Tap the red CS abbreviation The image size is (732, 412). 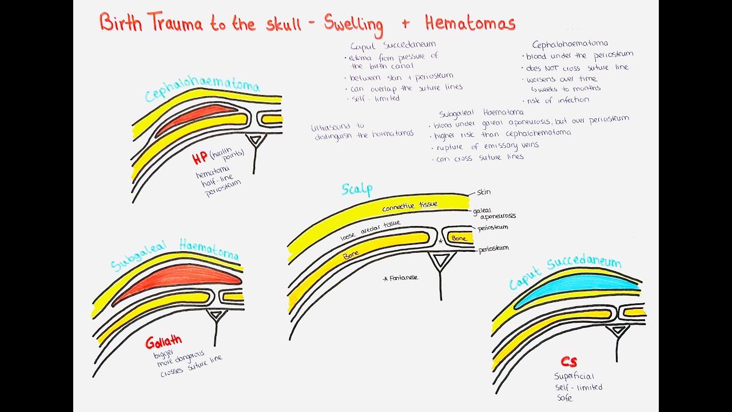tap(568, 362)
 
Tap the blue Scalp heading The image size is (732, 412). tap(357, 189)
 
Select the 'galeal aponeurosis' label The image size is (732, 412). tap(494, 213)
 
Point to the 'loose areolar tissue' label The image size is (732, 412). tap(371, 229)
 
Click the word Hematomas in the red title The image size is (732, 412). tap(470, 23)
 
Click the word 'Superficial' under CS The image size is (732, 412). tap(574, 376)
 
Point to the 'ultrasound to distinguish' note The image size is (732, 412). tap(362, 131)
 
